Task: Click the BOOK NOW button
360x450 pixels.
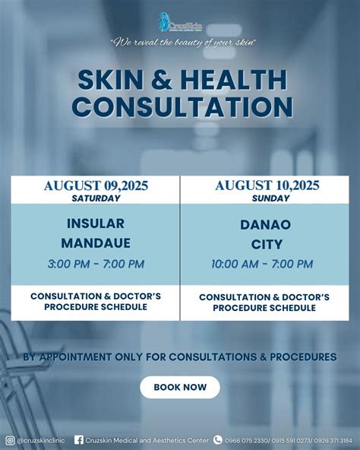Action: (180, 387)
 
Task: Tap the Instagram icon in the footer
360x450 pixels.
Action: (10, 439)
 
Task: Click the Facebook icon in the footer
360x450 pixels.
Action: (79, 439)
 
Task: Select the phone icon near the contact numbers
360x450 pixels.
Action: (218, 439)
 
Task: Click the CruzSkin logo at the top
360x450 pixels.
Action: (180, 22)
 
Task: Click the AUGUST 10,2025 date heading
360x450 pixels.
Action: (267, 185)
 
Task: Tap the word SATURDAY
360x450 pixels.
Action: (96, 198)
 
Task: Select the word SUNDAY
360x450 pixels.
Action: (271, 198)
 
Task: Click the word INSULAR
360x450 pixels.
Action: (96, 223)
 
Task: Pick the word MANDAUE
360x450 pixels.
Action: (96, 244)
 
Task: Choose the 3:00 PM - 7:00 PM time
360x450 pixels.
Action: (96, 265)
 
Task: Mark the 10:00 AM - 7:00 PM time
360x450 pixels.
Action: (262, 265)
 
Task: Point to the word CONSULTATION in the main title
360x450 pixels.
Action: (182, 106)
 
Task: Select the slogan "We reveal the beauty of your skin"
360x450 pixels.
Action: (183, 42)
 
